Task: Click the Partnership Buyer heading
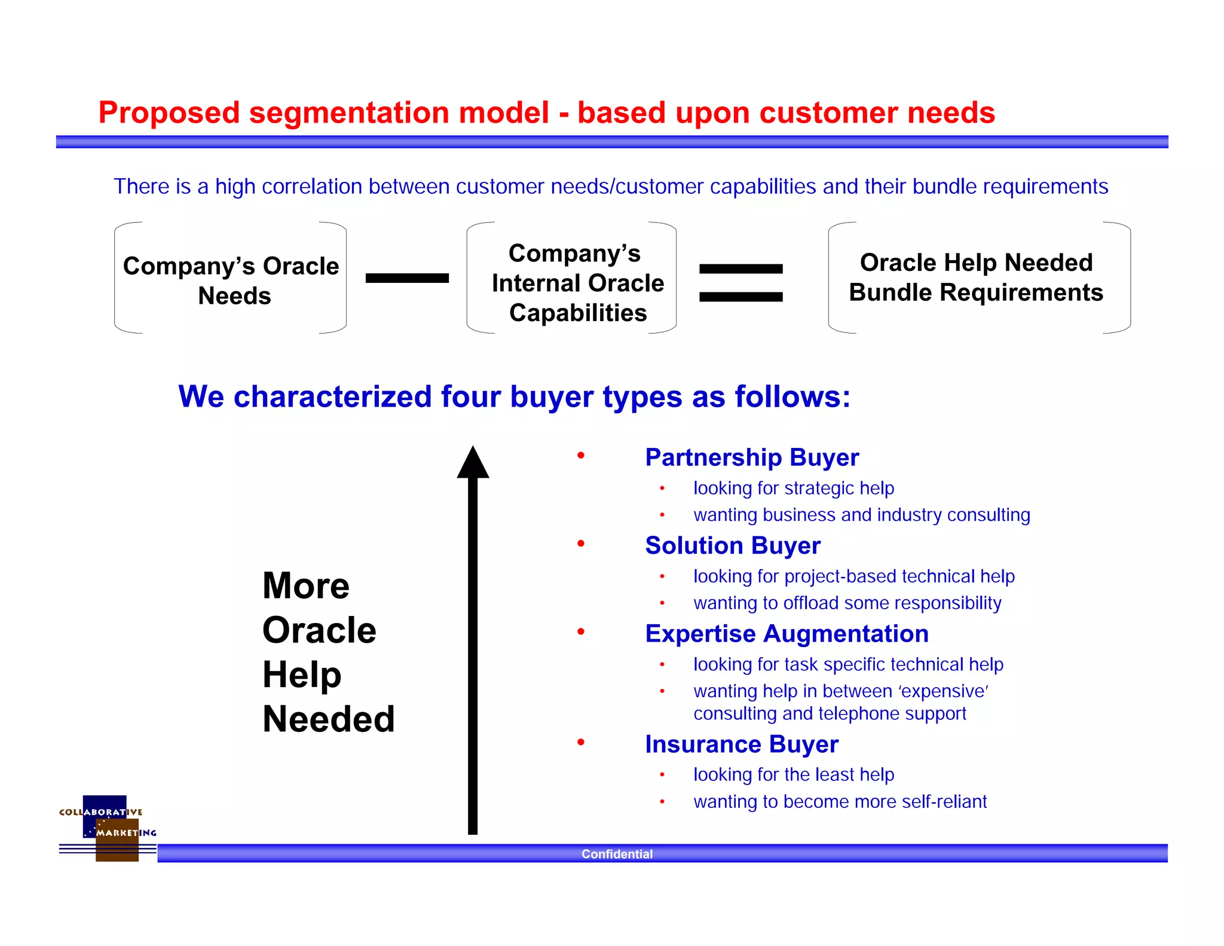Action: point(751,457)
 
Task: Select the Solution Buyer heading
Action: point(732,545)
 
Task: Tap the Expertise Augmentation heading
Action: point(787,634)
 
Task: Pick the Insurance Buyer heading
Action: point(741,744)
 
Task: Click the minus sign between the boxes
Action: point(407,278)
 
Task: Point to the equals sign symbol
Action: point(740,283)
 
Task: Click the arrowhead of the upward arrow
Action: point(473,463)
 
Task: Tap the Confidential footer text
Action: point(617,854)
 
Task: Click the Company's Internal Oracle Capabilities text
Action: point(577,283)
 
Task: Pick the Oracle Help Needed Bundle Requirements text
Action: point(976,277)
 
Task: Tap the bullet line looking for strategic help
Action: point(793,489)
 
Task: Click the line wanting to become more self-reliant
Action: point(840,802)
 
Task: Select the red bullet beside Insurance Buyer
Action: point(580,743)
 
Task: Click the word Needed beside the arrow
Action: point(328,719)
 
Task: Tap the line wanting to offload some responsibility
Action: point(847,603)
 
